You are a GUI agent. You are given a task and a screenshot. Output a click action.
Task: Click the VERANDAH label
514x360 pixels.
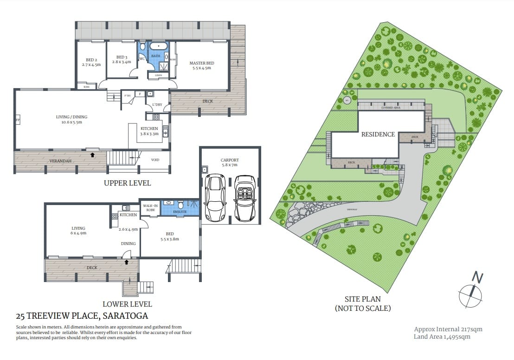pos(60,161)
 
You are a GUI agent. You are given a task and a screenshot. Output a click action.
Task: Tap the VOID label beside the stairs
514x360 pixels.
pos(155,160)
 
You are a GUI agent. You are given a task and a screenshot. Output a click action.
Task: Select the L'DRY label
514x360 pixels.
pos(157,105)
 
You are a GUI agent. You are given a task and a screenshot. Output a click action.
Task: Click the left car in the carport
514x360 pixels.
pos(215,198)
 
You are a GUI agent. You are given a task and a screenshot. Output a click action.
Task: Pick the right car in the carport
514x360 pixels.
pos(245,198)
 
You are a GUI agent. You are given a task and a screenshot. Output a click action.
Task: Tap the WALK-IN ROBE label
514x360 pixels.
pos(150,208)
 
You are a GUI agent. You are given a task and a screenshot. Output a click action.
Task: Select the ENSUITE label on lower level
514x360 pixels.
pos(180,212)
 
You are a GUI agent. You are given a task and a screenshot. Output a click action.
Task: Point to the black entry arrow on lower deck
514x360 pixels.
pos(126,262)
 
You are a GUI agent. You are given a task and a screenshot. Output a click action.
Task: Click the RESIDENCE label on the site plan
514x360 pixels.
pos(378,135)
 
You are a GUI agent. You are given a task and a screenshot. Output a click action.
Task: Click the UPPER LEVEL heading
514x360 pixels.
pos(127,183)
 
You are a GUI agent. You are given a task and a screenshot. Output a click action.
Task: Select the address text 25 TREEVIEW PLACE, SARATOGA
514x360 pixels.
pos(82,316)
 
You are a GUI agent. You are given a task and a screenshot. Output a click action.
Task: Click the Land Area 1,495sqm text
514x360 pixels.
pos(442,337)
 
